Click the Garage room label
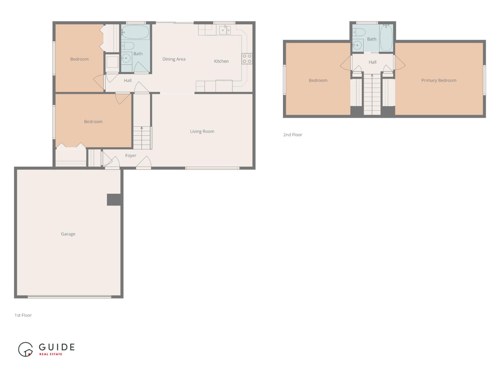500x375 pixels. click(x=68, y=234)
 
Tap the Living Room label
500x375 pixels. click(x=202, y=131)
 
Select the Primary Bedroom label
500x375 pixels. click(x=439, y=80)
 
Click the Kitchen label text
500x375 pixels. click(x=221, y=61)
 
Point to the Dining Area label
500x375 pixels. click(x=174, y=59)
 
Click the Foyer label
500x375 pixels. click(x=131, y=156)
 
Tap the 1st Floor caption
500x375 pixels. click(x=23, y=315)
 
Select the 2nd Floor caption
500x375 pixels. click(x=292, y=135)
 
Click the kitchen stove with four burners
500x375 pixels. click(x=247, y=59)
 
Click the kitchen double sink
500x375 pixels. click(x=225, y=30)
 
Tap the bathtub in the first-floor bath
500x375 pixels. click(x=135, y=32)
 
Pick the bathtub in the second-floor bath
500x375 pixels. click(x=386, y=38)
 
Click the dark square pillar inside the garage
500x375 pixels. click(x=114, y=200)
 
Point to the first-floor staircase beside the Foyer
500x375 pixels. click(x=142, y=137)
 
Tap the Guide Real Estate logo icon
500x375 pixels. click(x=25, y=349)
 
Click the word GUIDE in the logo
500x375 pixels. click(x=57, y=347)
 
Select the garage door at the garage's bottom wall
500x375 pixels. click(x=69, y=297)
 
